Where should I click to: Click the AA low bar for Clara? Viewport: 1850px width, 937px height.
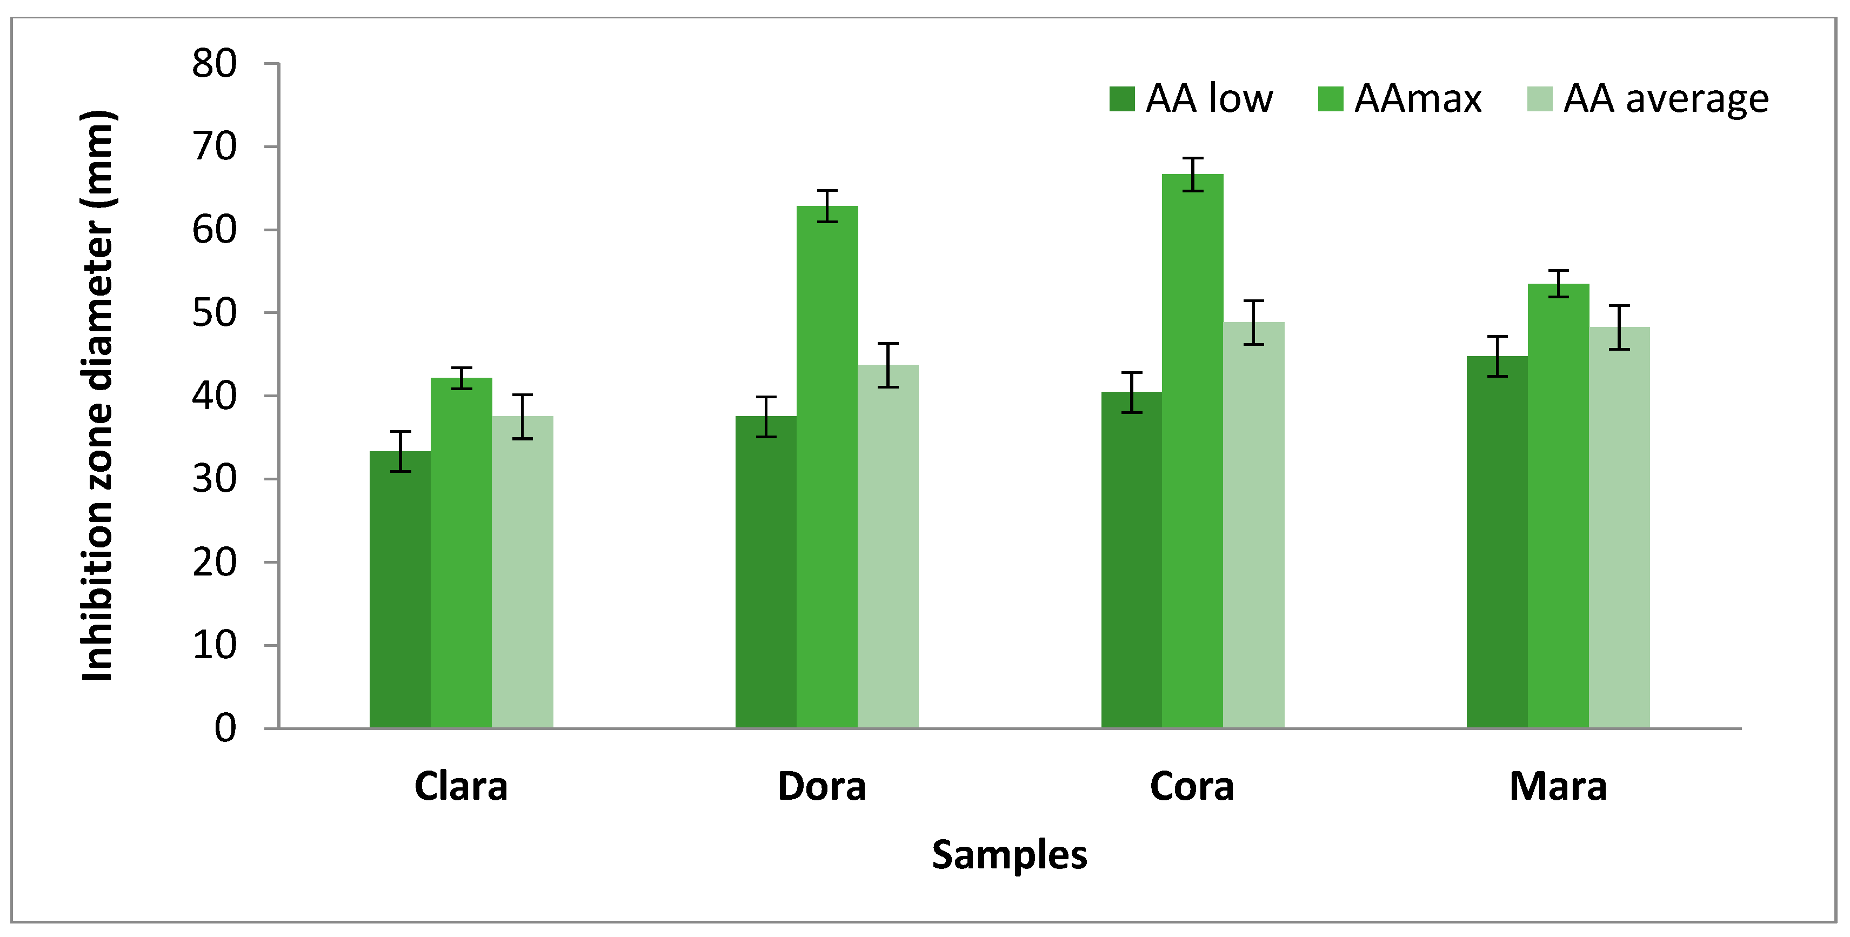coord(400,589)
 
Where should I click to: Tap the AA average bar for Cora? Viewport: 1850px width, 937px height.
coord(1253,524)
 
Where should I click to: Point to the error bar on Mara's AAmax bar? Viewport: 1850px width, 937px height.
coord(1558,284)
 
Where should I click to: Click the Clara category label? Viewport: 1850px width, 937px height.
coord(461,786)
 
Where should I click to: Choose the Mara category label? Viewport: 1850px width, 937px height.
coord(1558,786)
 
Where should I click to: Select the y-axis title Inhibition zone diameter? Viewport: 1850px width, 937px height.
coord(97,395)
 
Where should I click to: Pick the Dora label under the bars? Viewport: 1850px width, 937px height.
coord(822,786)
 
